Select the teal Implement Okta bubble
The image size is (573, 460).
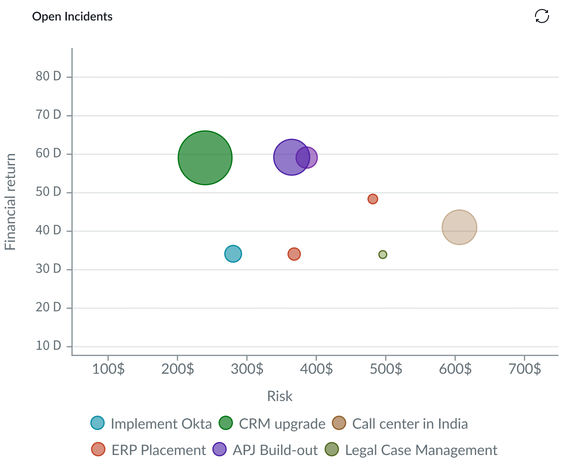233,254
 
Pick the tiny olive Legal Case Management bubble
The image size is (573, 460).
382,254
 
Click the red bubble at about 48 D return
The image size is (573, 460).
372,199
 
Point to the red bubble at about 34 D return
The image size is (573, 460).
294,254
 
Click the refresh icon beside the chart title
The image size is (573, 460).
541,16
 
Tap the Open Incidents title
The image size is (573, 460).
72,16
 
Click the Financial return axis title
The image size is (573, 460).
10,201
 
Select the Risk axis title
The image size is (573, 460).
279,396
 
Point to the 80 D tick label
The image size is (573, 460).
48,76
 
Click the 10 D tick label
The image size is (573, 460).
48,346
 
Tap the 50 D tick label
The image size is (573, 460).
48,192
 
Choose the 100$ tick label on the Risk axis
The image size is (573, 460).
108,369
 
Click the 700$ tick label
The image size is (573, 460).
524,369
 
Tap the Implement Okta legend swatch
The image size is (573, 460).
97,423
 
